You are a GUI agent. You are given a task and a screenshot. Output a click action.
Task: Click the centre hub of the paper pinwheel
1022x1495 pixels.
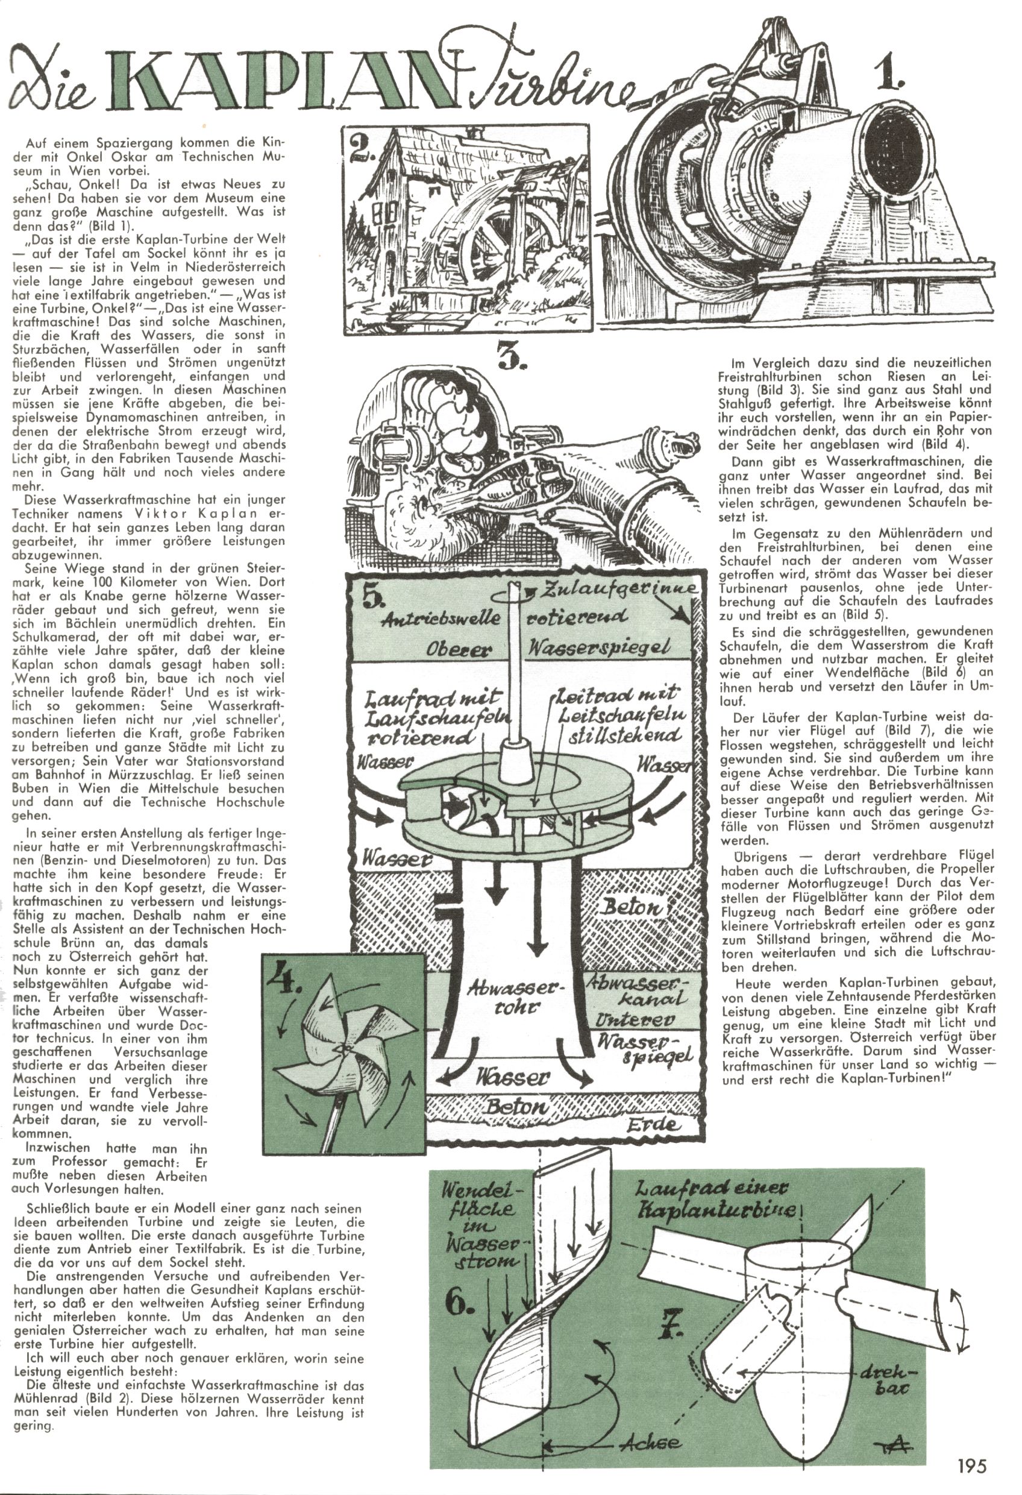coord(342,1050)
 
